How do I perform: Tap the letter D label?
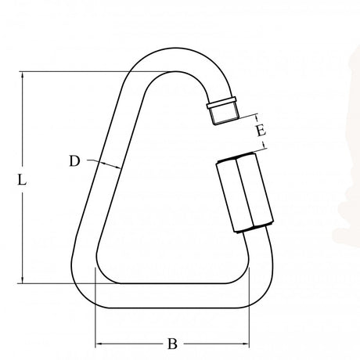click(74, 161)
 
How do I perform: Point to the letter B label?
click(172, 344)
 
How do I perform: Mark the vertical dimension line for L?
click(23, 235)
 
